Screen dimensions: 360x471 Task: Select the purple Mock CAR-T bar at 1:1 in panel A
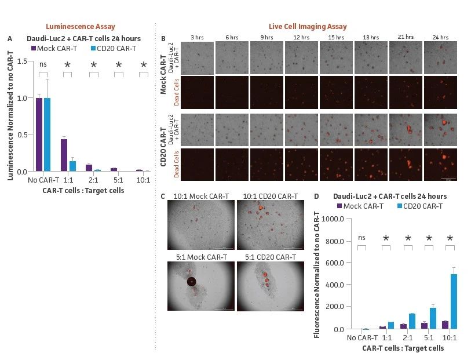click(64, 155)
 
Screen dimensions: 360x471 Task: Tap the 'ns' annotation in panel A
click(43, 64)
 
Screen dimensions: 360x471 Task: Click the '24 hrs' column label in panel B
click(440, 38)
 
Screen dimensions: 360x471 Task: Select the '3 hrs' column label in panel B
click(196, 38)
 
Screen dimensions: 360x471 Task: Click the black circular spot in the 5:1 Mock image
click(191, 282)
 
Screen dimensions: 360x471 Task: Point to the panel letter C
click(163, 197)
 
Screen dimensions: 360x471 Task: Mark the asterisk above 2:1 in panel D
click(408, 238)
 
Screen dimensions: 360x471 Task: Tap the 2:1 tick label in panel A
click(93, 180)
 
